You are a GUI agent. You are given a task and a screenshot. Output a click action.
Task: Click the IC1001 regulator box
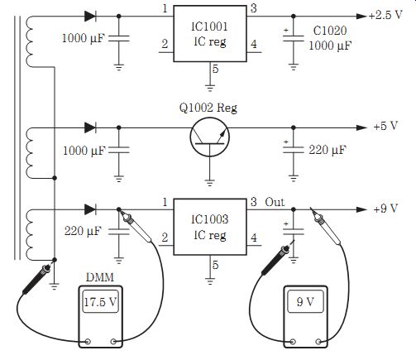point(210,33)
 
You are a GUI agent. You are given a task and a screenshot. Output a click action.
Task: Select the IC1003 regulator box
point(210,227)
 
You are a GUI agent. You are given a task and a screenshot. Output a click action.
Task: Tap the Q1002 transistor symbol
point(209,137)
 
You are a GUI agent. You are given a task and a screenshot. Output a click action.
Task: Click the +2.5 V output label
point(386,15)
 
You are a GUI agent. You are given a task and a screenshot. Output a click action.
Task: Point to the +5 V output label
point(386,126)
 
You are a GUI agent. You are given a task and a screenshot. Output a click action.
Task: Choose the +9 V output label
point(386,209)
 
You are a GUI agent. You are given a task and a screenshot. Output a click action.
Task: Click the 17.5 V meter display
point(100,302)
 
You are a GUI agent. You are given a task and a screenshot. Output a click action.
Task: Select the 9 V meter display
point(305,301)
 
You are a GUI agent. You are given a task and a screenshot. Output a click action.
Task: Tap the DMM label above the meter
point(100,277)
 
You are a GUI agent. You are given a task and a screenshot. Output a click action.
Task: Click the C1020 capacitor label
point(330,31)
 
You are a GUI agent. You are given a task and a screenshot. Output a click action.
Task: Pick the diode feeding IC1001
point(90,17)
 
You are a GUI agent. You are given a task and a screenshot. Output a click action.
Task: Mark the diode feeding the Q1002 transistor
point(90,127)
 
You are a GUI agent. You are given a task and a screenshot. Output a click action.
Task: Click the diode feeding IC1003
point(90,209)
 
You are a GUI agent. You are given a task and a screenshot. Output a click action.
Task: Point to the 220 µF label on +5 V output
point(328,150)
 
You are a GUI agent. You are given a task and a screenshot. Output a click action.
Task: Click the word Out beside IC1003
point(275,202)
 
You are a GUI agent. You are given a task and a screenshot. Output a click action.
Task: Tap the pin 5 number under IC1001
point(216,69)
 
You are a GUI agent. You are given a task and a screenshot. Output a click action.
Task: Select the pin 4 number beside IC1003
point(254,238)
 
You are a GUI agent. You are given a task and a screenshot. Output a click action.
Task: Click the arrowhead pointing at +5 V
point(361,127)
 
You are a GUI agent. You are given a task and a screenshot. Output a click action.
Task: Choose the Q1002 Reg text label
point(208,108)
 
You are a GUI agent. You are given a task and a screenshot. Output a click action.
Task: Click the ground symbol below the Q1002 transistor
point(210,183)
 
